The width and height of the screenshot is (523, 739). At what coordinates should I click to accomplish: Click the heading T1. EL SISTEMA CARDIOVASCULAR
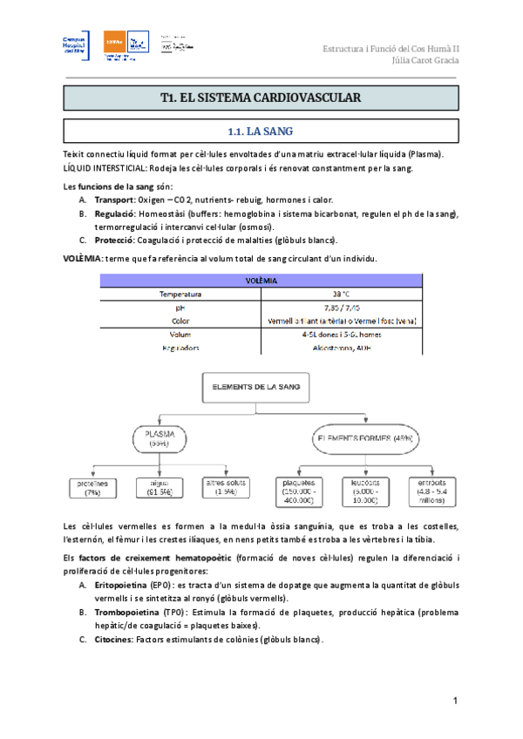click(x=261, y=99)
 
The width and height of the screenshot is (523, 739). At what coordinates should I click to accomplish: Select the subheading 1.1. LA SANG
click(x=261, y=132)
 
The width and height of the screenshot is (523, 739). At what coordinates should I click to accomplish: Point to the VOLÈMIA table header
click(x=261, y=281)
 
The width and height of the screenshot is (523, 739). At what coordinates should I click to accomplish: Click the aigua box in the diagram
click(x=160, y=488)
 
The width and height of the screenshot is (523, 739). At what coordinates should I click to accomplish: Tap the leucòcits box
click(x=363, y=491)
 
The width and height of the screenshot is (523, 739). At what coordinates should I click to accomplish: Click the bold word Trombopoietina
click(x=125, y=613)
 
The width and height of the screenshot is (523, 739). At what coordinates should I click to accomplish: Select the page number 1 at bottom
click(x=455, y=702)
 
